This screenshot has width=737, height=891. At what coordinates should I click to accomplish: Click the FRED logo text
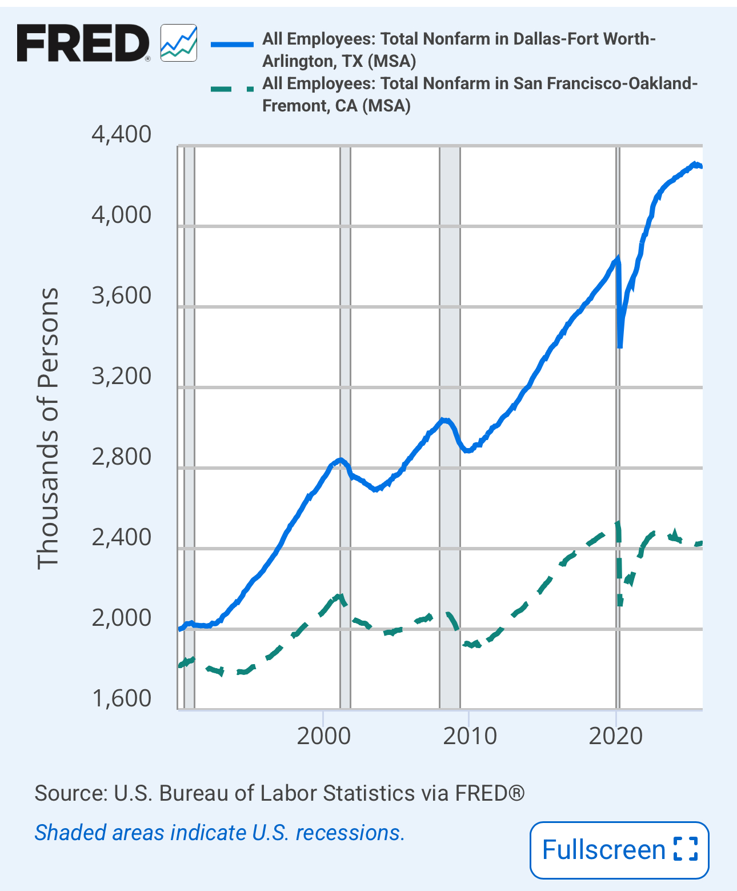(x=83, y=43)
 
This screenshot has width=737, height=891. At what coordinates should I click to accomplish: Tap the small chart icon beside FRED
(x=179, y=43)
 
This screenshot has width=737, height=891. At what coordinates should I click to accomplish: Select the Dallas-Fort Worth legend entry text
(x=458, y=50)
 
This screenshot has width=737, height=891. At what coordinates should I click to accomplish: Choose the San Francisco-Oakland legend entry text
(x=479, y=94)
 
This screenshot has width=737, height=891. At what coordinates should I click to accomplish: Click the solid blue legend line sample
(x=231, y=43)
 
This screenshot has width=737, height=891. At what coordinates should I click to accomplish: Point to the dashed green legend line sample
(x=231, y=89)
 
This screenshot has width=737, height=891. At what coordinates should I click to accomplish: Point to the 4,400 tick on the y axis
(x=121, y=135)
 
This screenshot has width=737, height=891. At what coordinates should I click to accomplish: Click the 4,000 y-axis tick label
(x=121, y=215)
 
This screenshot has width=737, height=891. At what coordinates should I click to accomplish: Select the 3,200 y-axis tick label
(x=121, y=377)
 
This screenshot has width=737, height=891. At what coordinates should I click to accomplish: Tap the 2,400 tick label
(x=121, y=538)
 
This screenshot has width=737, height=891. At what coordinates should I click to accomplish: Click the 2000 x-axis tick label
(x=323, y=736)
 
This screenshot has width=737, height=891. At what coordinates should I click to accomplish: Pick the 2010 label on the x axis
(x=470, y=736)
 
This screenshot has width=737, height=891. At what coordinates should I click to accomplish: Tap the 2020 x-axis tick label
(x=616, y=736)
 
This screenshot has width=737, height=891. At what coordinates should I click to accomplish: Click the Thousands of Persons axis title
(x=48, y=429)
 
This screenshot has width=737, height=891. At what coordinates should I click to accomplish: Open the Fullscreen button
(x=619, y=850)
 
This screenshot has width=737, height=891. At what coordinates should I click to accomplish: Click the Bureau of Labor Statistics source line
(x=279, y=793)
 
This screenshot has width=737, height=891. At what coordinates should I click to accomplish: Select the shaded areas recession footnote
(x=219, y=833)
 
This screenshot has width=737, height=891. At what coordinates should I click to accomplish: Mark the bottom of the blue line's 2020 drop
(x=620, y=346)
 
